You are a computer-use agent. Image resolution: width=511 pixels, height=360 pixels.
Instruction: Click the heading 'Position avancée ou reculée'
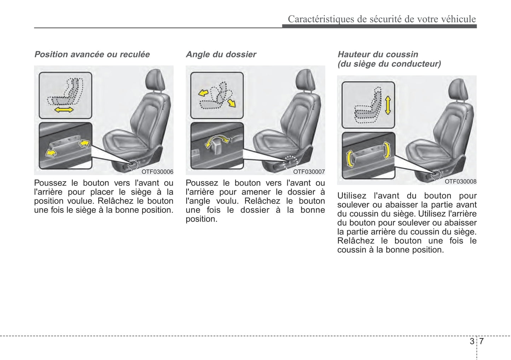92,54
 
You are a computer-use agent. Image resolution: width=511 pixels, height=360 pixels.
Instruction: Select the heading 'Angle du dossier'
221,54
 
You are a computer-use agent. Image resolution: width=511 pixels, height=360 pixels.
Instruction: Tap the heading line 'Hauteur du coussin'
378,54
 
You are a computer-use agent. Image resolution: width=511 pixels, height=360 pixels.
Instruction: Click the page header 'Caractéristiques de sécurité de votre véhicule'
382,19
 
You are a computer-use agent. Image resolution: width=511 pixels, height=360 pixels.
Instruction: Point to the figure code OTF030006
157,172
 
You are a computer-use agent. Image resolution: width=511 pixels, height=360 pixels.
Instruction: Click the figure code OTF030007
309,172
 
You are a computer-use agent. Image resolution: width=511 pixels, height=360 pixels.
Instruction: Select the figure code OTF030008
460,182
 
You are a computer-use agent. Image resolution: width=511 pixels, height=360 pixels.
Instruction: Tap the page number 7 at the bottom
481,341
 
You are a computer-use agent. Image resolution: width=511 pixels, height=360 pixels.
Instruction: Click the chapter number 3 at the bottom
472,341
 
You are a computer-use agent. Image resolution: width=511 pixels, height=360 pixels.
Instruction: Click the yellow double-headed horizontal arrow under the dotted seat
64,110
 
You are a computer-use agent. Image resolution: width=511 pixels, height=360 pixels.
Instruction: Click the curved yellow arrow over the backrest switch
216,141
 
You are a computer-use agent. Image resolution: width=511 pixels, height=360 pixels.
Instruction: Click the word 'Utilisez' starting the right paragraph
352,196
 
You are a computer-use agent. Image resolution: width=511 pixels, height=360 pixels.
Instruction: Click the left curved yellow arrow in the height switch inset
350,159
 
